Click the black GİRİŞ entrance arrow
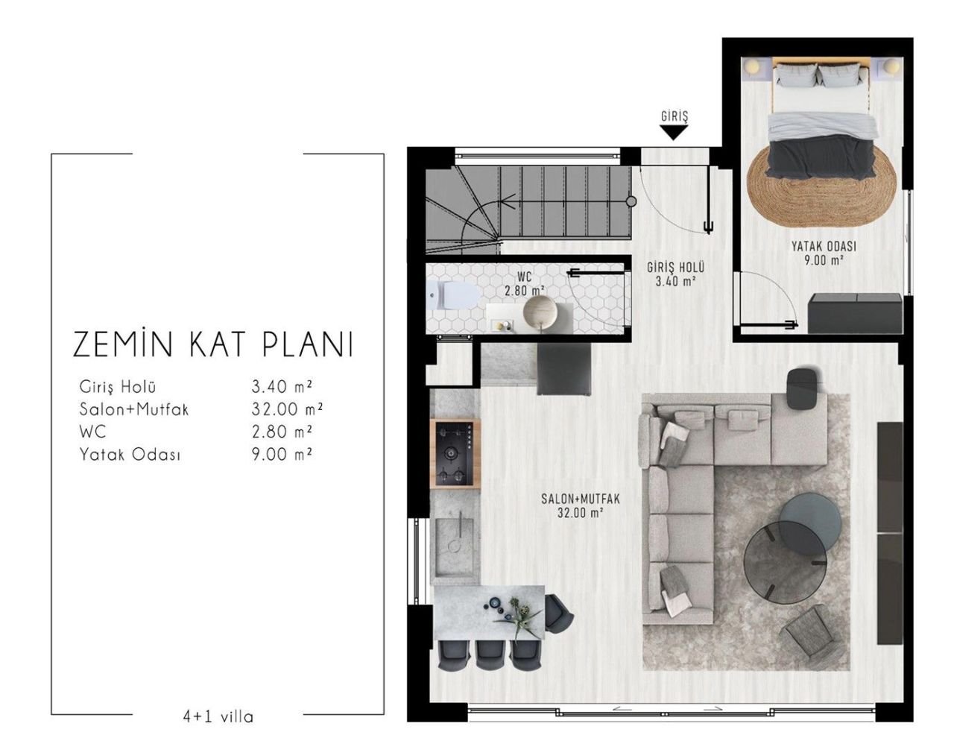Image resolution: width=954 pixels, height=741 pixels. [674, 133]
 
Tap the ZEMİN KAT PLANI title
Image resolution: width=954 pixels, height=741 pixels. [212, 345]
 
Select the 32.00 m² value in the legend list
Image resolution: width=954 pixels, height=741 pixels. [282, 409]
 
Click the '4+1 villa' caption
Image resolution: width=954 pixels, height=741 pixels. [218, 717]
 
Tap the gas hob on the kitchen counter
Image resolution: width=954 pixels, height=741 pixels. [455, 453]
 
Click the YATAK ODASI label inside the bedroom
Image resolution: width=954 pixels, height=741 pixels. [824, 247]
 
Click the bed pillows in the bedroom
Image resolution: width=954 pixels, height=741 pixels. [821, 75]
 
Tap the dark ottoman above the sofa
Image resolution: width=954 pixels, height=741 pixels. [803, 388]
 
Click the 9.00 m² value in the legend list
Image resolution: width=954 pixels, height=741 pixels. [282, 453]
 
